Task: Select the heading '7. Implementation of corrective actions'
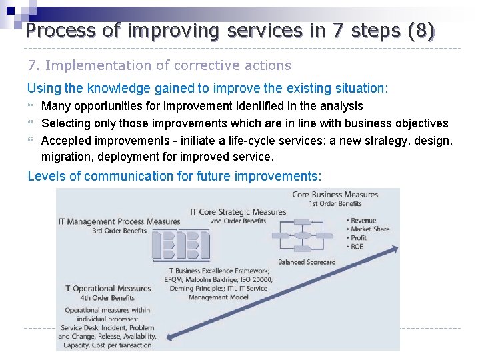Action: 159,65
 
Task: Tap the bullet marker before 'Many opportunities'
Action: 31,106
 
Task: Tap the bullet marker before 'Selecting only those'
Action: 31,123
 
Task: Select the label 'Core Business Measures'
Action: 335,195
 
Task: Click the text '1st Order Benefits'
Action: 335,203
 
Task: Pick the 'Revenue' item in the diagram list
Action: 363,221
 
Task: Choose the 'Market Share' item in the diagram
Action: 369,229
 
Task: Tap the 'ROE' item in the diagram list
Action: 357,247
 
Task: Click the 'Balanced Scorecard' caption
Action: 306,262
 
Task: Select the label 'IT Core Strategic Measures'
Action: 237,212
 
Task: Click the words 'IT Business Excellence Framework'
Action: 218,271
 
